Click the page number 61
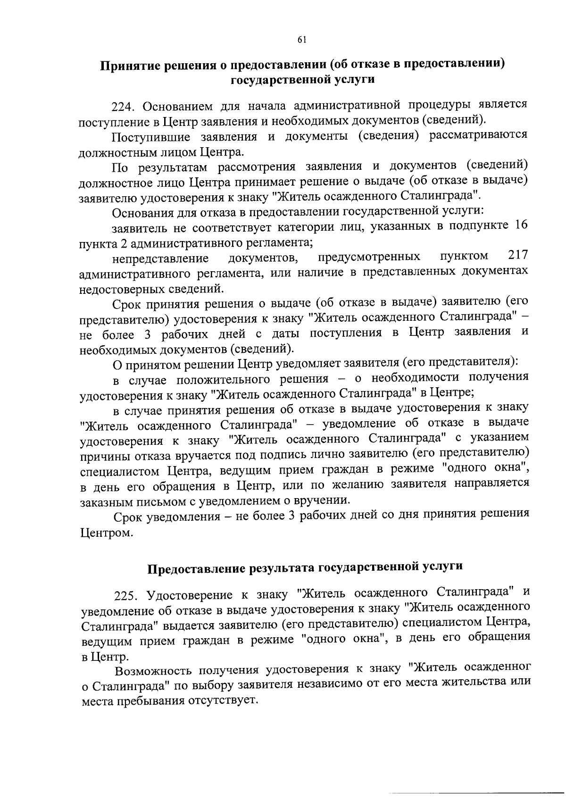pyautogui.click(x=302, y=40)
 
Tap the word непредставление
pyautogui.click(x=160, y=258)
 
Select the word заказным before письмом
pyautogui.click(x=104, y=501)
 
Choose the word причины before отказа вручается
pyautogui.click(x=104, y=456)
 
